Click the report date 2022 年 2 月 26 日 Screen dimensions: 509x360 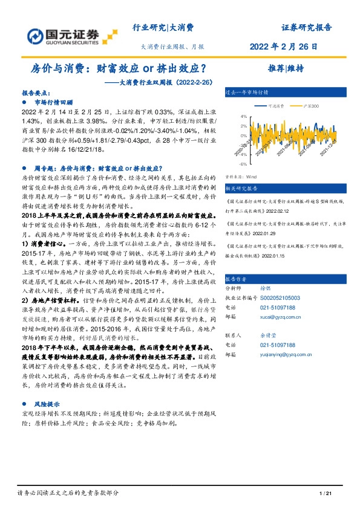tap(292, 47)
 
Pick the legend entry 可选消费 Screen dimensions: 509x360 tap(277, 106)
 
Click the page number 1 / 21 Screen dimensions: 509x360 tap(326, 494)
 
